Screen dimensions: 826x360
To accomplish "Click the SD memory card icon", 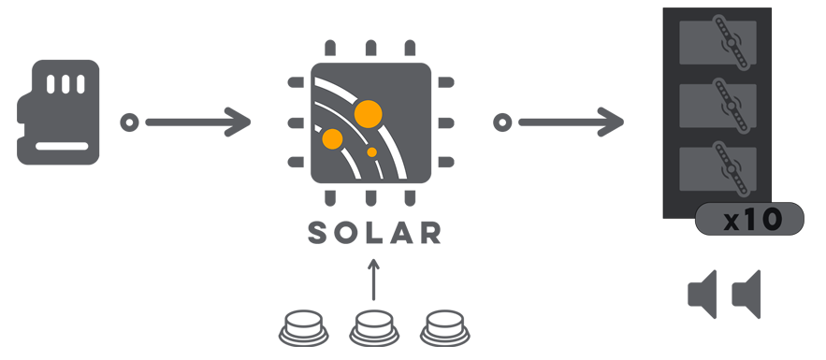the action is pyautogui.click(x=58, y=112).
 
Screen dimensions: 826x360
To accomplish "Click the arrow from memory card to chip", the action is pyautogui.click(x=198, y=122).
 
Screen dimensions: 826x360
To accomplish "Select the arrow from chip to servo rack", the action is pyautogui.click(x=571, y=122).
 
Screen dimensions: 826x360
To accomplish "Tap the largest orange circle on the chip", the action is pyautogui.click(x=368, y=114).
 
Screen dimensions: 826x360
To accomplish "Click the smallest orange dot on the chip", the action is pyautogui.click(x=372, y=152).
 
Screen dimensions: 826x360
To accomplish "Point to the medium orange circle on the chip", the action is pyautogui.click(x=332, y=139).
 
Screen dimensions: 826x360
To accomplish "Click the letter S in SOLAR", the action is pyautogui.click(x=318, y=233).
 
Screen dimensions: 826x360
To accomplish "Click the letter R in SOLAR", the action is pyautogui.click(x=430, y=233).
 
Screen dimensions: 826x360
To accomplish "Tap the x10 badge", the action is pyautogui.click(x=749, y=219).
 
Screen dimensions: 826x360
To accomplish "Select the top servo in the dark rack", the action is pyautogui.click(x=718, y=42).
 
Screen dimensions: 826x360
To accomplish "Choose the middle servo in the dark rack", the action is pyautogui.click(x=718, y=106).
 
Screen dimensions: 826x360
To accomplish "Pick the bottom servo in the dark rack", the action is pyautogui.click(x=718, y=168).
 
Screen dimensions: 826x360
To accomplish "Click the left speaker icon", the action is pyautogui.click(x=703, y=295).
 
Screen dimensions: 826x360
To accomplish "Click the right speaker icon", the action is pyautogui.click(x=746, y=295).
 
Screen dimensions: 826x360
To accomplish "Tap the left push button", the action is pyautogui.click(x=303, y=328).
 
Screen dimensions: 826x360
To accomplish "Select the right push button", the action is pyautogui.click(x=445, y=328).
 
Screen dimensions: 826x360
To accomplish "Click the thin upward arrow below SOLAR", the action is pyautogui.click(x=373, y=280).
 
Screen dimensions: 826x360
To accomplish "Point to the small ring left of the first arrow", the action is pyautogui.click(x=130, y=122).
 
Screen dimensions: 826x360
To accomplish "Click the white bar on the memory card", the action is pyautogui.click(x=62, y=146).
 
